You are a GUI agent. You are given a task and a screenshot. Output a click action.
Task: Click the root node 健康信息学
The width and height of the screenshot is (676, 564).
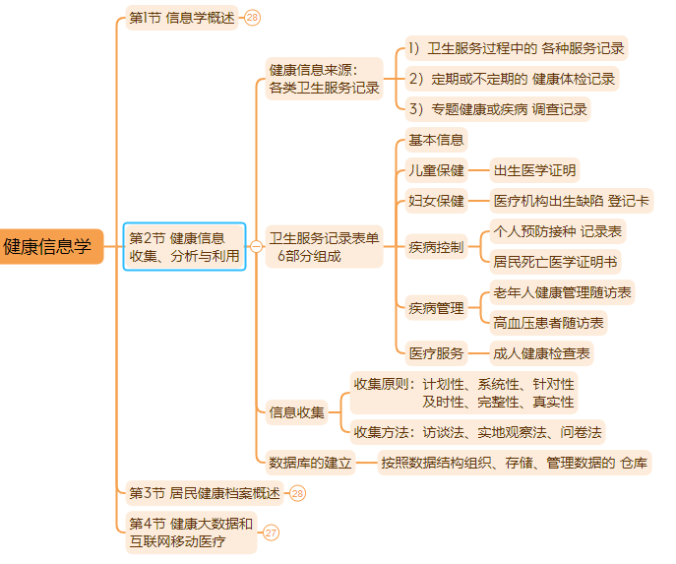click(49, 246)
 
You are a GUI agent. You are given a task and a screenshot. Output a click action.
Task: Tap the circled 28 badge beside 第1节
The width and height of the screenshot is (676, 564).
click(253, 18)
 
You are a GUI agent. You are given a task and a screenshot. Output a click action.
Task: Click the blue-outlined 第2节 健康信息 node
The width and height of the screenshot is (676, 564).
click(185, 246)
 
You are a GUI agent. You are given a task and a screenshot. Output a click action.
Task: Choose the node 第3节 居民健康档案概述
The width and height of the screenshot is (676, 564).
click(205, 492)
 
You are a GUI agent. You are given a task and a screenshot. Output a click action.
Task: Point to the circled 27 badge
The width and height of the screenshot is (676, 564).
click(271, 533)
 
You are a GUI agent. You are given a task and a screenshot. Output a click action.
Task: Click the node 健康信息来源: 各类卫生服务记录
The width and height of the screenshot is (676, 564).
click(324, 79)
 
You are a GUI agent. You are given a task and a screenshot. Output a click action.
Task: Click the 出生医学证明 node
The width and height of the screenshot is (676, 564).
click(534, 170)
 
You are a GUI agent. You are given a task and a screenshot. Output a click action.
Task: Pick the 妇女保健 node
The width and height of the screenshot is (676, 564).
click(436, 201)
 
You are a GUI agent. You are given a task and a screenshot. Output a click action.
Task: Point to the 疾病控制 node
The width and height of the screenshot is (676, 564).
click(436, 246)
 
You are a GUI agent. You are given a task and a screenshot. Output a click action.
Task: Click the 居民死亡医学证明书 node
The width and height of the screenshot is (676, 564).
click(556, 262)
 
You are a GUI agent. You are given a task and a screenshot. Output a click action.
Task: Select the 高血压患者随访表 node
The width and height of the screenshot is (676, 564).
click(549, 322)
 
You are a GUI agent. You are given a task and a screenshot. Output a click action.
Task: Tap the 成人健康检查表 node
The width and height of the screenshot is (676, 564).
click(542, 352)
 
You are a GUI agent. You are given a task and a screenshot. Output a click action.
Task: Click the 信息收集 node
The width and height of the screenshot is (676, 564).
click(296, 412)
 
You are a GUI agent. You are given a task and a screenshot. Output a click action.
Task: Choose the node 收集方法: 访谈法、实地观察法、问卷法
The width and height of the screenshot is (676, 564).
click(478, 431)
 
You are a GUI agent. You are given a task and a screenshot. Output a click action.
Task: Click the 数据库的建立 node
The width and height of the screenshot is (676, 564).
click(311, 462)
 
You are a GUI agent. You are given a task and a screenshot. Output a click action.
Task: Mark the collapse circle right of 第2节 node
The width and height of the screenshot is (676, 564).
click(256, 246)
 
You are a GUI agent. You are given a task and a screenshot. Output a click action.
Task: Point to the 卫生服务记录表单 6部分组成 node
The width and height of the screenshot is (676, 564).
click(324, 246)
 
